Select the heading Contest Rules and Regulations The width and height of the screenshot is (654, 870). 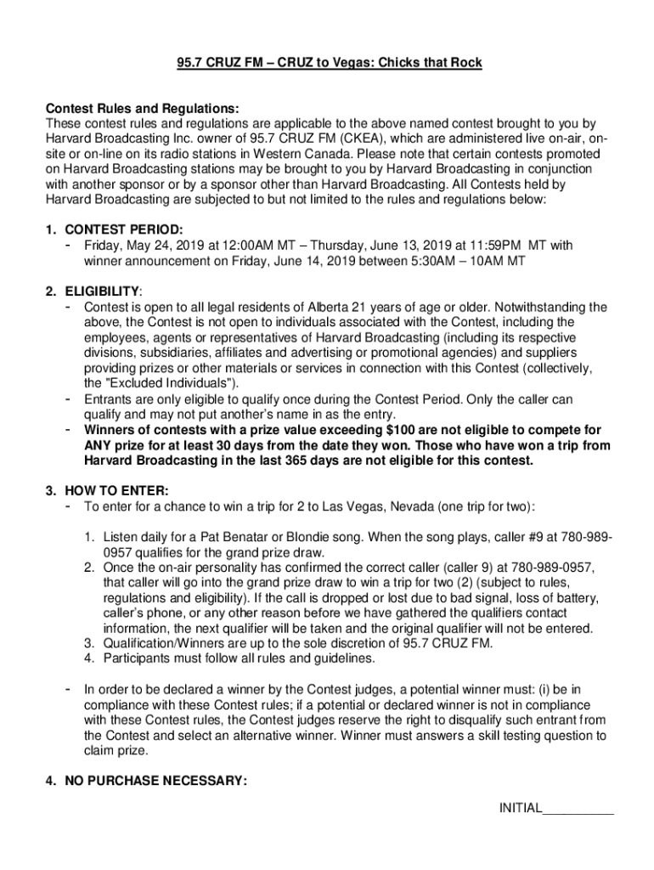(142, 109)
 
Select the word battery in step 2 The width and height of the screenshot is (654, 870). (575, 598)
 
